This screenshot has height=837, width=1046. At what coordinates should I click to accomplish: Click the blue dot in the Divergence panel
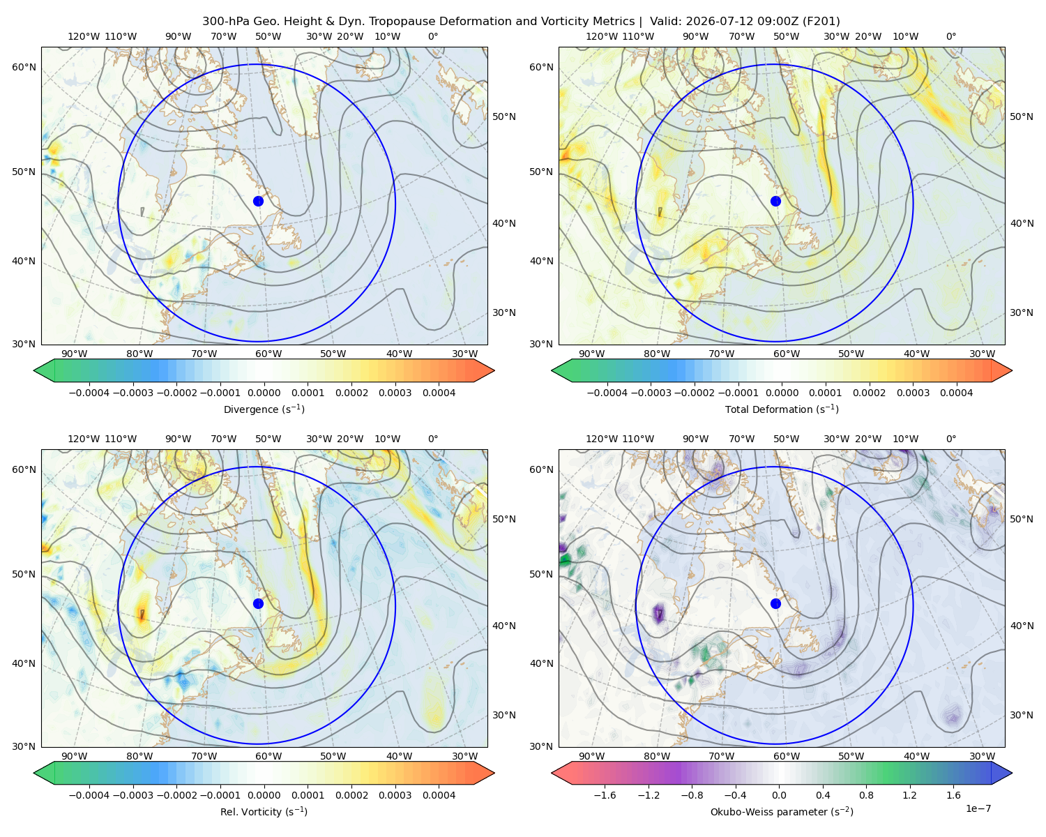[x=258, y=201]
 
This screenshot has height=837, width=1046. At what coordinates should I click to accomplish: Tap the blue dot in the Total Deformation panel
[x=775, y=201]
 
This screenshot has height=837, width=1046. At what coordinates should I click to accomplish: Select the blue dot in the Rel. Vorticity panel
[x=258, y=603]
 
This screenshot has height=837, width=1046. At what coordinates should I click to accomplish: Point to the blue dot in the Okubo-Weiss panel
[x=775, y=603]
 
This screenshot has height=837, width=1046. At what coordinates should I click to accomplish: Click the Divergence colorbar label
[x=264, y=409]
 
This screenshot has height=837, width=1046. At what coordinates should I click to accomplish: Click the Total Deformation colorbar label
[x=782, y=409]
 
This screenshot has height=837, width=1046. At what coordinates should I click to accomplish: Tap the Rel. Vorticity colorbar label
[x=264, y=811]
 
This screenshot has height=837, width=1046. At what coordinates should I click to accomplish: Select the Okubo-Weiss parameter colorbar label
[x=782, y=811]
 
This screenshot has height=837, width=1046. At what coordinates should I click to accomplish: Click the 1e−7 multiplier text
[x=978, y=808]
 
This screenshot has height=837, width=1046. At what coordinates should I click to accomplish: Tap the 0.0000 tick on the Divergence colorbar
[x=264, y=393]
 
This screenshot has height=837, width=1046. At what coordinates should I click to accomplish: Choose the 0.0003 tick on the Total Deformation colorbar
[x=913, y=393]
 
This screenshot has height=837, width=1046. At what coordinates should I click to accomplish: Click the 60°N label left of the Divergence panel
[x=24, y=67]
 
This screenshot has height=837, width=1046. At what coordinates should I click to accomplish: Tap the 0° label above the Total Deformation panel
[x=950, y=36]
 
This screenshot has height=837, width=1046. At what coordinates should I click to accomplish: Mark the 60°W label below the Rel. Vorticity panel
[x=268, y=756]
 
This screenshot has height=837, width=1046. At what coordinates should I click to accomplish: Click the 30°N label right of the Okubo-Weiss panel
[x=1021, y=714]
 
